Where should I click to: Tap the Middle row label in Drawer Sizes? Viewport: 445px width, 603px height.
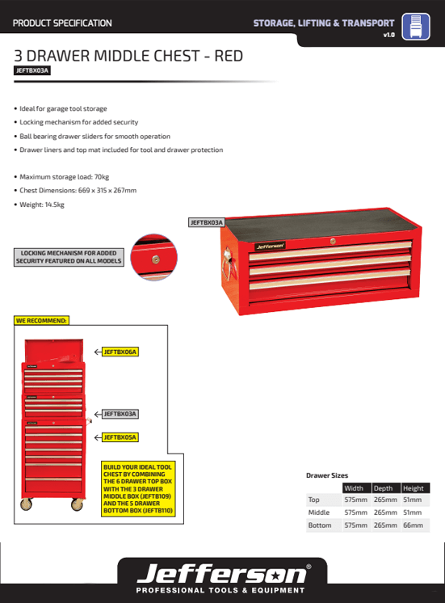319,512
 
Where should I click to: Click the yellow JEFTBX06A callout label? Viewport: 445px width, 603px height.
120,352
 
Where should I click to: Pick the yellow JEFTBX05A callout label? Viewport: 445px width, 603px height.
120,437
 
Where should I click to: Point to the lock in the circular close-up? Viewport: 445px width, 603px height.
155,260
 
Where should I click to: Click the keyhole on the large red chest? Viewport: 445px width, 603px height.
333,242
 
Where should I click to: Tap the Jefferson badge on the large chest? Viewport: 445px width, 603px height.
270,246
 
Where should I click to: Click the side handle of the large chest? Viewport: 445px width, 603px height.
229,264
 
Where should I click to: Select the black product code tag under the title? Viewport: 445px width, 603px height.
32,70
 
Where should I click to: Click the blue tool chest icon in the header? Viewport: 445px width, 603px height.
416,27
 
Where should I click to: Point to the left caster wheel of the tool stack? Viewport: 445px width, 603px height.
26,504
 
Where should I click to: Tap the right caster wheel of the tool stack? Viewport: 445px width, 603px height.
77,504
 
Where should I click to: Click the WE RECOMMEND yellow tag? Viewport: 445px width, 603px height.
41,320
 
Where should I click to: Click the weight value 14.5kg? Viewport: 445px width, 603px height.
55,205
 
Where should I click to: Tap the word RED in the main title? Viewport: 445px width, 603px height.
229,56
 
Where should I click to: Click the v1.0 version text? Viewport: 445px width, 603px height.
389,35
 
